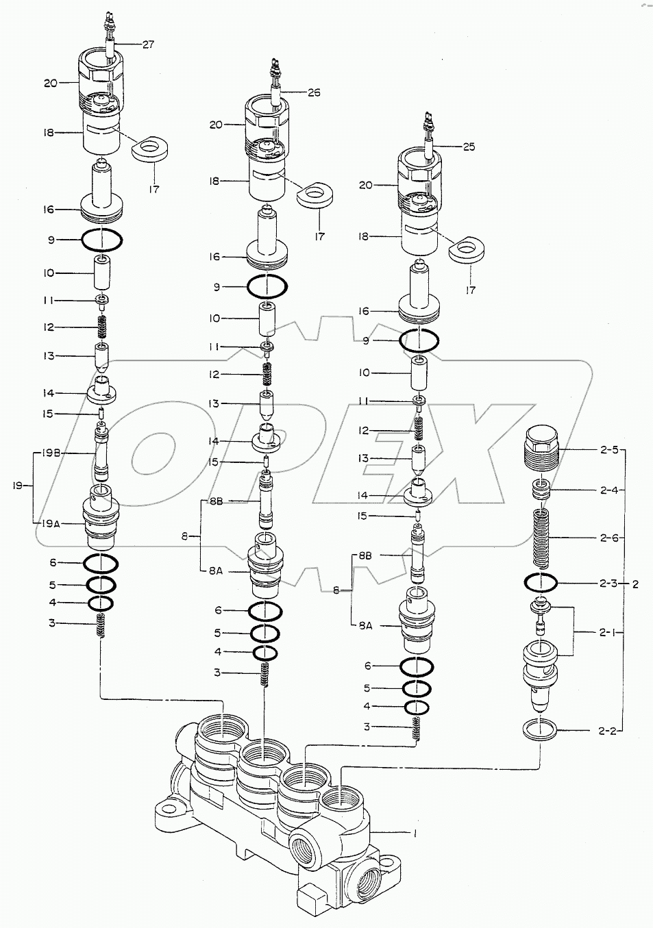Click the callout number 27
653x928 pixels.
(x=148, y=45)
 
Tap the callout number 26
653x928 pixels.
(x=314, y=92)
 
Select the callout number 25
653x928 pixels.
(x=469, y=147)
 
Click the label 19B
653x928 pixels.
(x=51, y=453)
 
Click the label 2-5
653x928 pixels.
(x=608, y=450)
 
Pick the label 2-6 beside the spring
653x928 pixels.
(x=608, y=538)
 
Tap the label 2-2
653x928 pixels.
(x=608, y=731)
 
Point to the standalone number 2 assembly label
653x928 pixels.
(x=635, y=584)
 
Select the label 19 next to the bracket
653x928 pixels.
(x=19, y=486)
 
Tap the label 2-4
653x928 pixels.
(x=608, y=490)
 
